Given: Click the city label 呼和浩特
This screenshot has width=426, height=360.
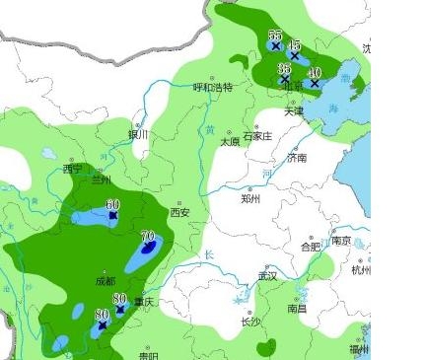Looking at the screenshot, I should (212, 87).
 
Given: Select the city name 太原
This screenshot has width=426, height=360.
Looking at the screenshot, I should (229, 142).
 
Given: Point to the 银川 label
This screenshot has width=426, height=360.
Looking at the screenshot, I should (137, 134).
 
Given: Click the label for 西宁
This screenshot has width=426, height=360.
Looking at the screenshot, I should (73, 169).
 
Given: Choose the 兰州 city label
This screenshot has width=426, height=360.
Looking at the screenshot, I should (101, 180).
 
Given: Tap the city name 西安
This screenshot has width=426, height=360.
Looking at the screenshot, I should (178, 212).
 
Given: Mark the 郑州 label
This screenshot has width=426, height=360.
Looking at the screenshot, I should (250, 198).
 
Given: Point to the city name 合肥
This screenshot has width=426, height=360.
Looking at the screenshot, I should (310, 247).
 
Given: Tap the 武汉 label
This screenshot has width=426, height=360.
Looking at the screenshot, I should (266, 275).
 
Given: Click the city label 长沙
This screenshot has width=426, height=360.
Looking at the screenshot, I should (250, 322).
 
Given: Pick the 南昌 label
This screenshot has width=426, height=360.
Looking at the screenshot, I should (297, 309).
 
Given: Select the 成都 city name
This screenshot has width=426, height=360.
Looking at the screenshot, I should (105, 281).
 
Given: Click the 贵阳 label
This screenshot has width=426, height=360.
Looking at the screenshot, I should (148, 356).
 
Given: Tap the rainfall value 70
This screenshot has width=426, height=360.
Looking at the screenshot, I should (149, 236).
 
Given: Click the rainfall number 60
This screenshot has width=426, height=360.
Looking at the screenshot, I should (112, 204).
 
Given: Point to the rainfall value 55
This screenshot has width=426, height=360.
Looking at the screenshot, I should (275, 36).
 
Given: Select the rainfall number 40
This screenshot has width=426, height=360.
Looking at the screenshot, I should (315, 73).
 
